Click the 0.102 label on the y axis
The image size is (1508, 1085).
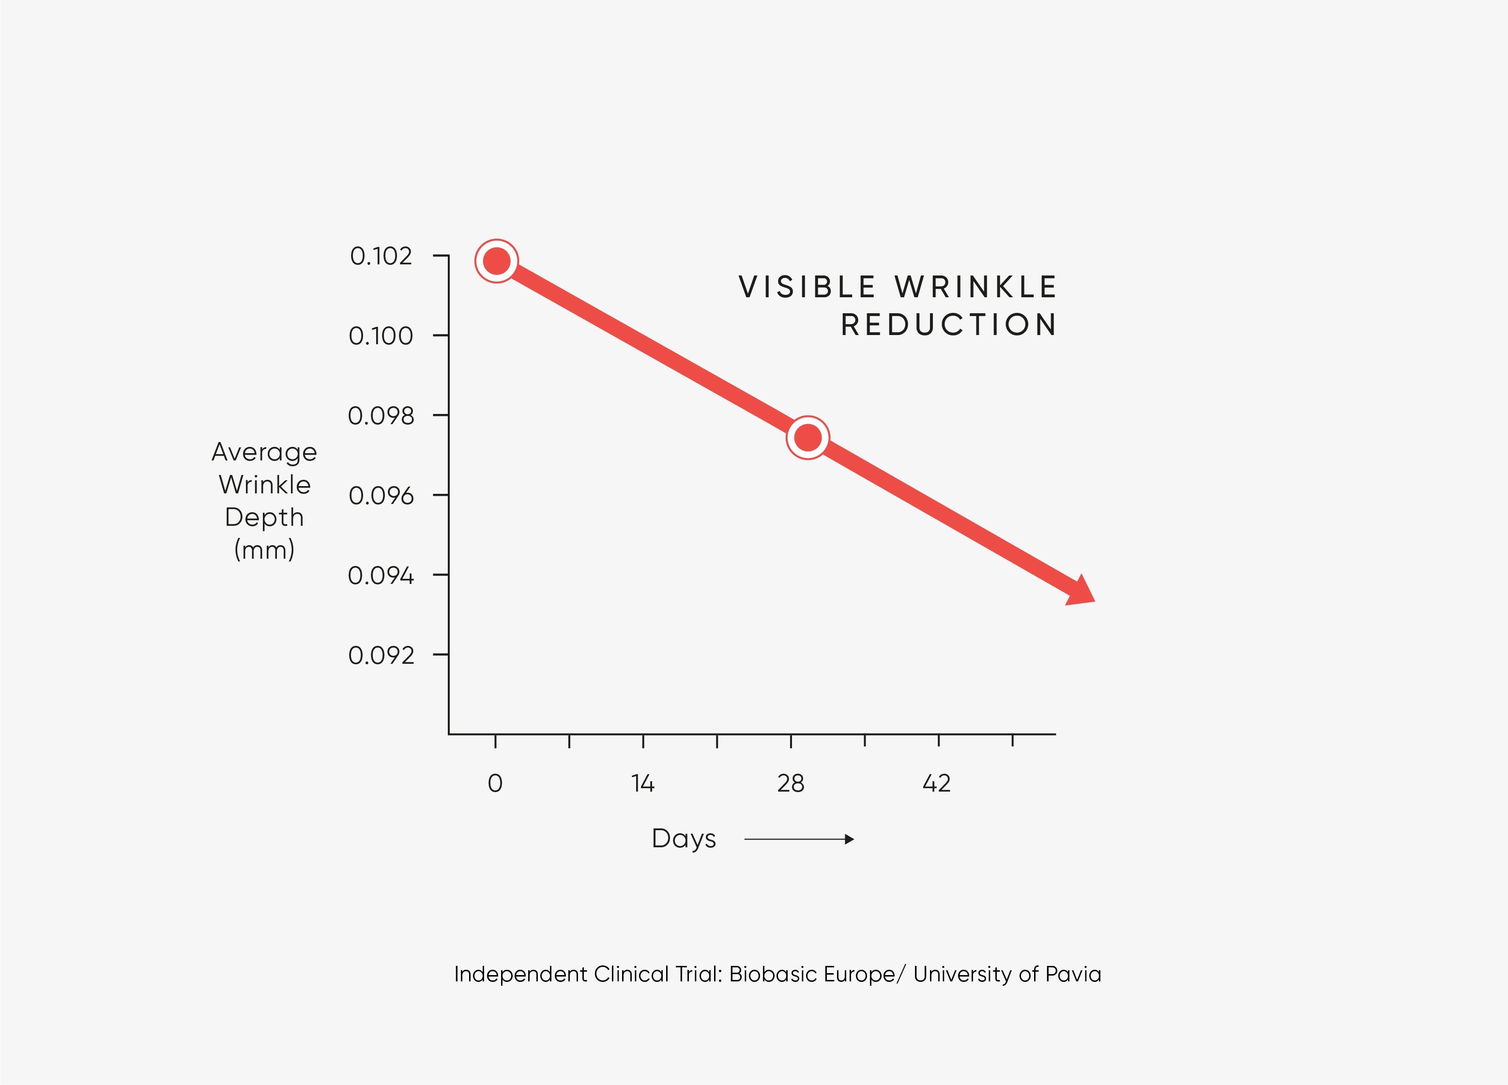pos(381,256)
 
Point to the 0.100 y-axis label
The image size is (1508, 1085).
pos(381,336)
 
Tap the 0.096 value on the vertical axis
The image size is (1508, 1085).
pos(381,495)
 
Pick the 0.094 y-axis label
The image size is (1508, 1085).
pos(381,575)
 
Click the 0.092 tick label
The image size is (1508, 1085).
pos(381,656)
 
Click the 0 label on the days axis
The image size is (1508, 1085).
pos(495,783)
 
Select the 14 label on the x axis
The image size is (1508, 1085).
pos(643,783)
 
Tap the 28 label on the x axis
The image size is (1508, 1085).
pos(791,783)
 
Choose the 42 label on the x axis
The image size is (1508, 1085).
pos(937,783)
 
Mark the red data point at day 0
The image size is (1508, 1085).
pos(497,260)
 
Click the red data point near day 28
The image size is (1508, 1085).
pos(808,438)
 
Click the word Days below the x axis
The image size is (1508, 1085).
pos(684,839)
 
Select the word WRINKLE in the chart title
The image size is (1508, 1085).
pos(975,287)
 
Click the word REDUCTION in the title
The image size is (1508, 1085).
pos(949,325)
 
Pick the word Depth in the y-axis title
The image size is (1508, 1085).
pos(264,517)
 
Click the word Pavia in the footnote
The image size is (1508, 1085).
pos(1073,974)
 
